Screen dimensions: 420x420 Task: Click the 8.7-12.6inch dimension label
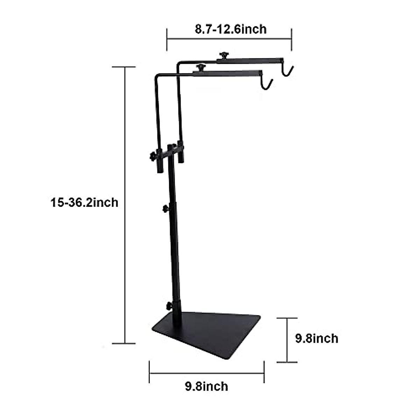230,29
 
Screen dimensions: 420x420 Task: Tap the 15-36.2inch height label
84,203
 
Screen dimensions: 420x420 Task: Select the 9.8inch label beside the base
317,338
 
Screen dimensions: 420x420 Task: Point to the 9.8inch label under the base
206,386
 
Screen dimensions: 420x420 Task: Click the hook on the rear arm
288,70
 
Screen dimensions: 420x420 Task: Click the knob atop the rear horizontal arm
222,55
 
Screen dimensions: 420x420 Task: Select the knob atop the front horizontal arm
201,67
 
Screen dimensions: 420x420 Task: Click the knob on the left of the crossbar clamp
153,156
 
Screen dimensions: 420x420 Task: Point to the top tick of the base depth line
287,318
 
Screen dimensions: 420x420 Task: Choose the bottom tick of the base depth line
287,362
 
